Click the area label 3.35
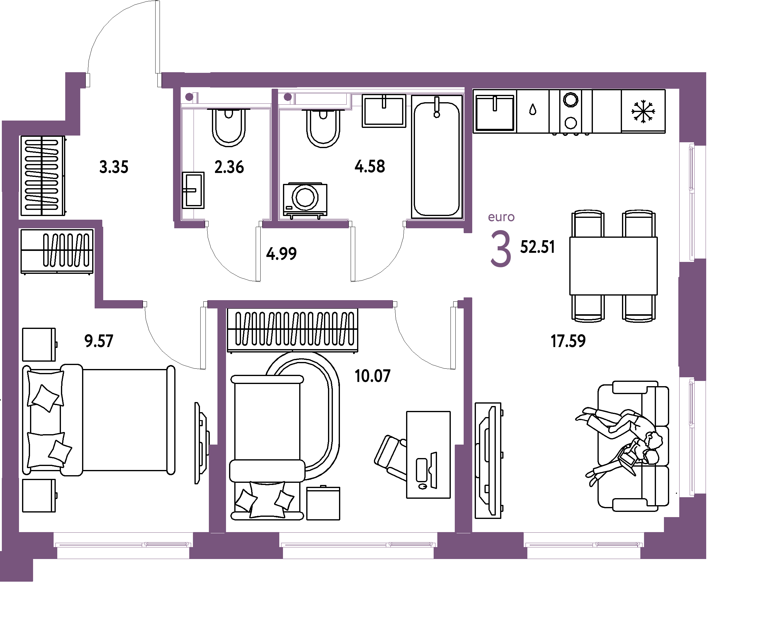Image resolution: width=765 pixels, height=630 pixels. [114, 167]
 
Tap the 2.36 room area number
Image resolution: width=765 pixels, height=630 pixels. [229, 167]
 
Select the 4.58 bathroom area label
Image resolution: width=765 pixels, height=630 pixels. [370, 166]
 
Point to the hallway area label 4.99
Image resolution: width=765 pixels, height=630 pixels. [281, 254]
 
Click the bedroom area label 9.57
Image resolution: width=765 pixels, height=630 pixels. [99, 341]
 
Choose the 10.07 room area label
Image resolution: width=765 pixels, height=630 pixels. [372, 376]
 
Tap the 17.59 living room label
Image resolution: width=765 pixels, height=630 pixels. [568, 341]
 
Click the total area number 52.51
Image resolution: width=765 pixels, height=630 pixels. [537, 247]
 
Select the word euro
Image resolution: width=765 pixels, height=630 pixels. [501, 217]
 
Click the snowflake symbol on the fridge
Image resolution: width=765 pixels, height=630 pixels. [643, 111]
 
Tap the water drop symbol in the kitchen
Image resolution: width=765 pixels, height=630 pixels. [533, 109]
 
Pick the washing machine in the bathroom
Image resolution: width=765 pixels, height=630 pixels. [305, 201]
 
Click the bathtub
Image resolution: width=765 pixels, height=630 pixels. [437, 157]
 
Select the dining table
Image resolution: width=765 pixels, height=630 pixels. [613, 266]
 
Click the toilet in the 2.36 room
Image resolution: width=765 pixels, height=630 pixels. [228, 127]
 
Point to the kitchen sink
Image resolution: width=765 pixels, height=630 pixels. [494, 112]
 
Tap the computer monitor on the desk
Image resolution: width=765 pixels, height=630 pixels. [434, 470]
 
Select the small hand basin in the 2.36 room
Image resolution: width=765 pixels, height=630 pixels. [193, 190]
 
